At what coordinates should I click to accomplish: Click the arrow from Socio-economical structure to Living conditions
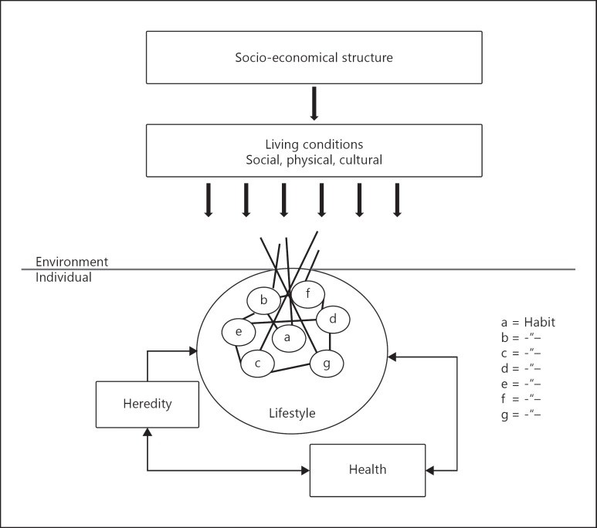pyautogui.click(x=314, y=103)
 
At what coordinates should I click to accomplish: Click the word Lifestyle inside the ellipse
pyautogui.click(x=292, y=413)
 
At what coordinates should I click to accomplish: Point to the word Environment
pyautogui.click(x=72, y=262)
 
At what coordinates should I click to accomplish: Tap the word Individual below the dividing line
pyautogui.click(x=63, y=277)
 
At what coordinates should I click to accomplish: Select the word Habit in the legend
pyautogui.click(x=540, y=323)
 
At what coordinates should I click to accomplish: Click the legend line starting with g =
pyautogui.click(x=521, y=415)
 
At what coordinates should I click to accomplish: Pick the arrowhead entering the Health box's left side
pyautogui.click(x=306, y=471)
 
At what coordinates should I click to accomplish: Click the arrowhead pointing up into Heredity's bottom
pyautogui.click(x=148, y=432)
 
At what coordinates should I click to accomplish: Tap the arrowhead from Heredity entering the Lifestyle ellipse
pyautogui.click(x=193, y=351)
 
